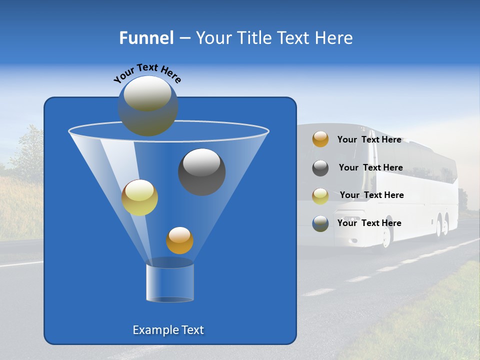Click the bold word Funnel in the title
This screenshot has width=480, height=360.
tap(146, 38)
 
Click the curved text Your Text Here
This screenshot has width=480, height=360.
tap(147, 72)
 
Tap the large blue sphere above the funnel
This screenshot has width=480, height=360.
tap(148, 106)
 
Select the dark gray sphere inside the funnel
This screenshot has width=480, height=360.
tap(202, 171)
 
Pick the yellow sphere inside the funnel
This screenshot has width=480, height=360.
tap(139, 197)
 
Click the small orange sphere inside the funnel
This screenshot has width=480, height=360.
tap(179, 240)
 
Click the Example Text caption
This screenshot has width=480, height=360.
tap(168, 330)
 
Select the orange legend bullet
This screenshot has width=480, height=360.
tap(320, 139)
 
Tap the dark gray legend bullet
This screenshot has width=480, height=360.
tap(320, 168)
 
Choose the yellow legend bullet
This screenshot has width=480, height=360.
tap(320, 195)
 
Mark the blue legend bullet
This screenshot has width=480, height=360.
tap(320, 223)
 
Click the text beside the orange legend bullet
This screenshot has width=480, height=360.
tap(369, 139)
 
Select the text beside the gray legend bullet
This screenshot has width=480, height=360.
tap(370, 167)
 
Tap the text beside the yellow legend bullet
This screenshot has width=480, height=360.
tap(371, 195)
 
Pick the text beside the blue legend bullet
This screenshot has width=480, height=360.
tap(369, 223)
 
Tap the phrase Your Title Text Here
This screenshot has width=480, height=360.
tap(274, 38)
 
